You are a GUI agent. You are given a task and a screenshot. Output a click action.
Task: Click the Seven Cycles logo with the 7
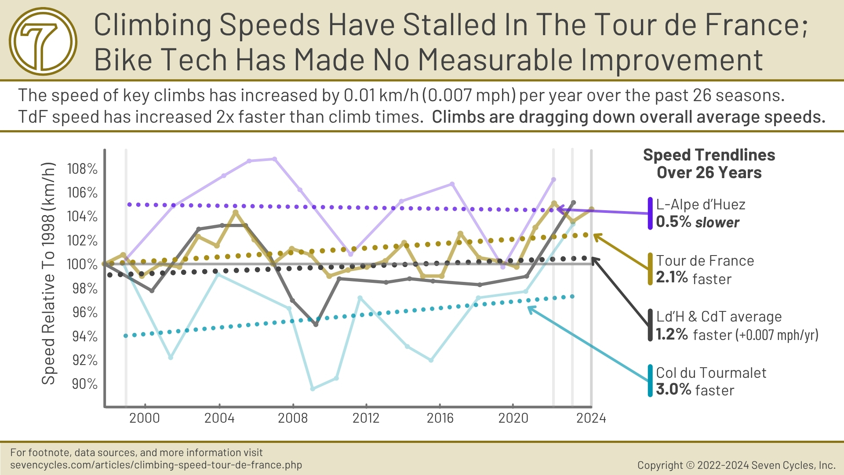pyautogui.click(x=43, y=41)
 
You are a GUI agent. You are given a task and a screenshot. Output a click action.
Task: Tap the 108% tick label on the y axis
pyautogui.click(x=82, y=169)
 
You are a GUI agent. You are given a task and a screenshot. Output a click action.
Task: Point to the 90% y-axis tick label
pyautogui.click(x=84, y=384)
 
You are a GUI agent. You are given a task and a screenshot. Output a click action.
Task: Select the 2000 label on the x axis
pyautogui.click(x=145, y=418)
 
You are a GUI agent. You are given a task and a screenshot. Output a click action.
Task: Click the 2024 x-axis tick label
pyautogui.click(x=591, y=418)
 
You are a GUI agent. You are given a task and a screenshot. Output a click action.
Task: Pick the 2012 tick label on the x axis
pyautogui.click(x=366, y=418)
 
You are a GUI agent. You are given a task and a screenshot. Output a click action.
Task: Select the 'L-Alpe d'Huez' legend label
pyautogui.click(x=701, y=205)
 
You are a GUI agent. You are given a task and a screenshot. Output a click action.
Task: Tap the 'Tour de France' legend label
pyautogui.click(x=705, y=261)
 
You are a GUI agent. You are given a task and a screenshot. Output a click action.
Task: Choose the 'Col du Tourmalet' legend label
pyautogui.click(x=711, y=373)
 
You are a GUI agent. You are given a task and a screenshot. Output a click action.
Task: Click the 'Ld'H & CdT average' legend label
pyautogui.click(x=719, y=317)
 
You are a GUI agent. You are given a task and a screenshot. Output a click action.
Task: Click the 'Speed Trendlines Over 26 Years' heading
pyautogui.click(x=709, y=164)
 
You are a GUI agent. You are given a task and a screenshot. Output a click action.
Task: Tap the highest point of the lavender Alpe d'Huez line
pyautogui.click(x=275, y=159)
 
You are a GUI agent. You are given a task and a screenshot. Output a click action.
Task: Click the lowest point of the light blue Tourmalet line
pyautogui.click(x=313, y=389)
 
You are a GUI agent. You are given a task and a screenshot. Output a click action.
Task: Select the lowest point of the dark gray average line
pyautogui.click(x=316, y=325)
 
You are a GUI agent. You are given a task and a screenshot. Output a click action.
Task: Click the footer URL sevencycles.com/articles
pyautogui.click(x=156, y=465)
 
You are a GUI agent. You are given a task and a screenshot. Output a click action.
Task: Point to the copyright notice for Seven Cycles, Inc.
pyautogui.click(x=736, y=465)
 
